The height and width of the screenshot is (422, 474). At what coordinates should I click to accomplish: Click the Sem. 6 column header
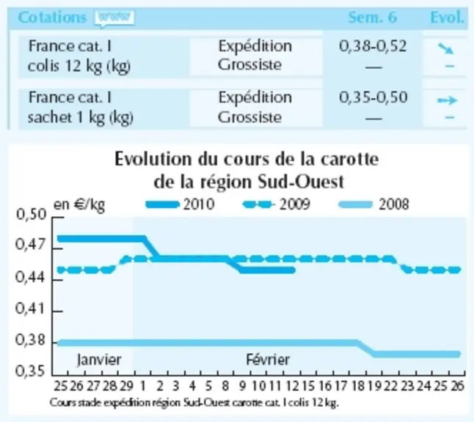click(x=373, y=18)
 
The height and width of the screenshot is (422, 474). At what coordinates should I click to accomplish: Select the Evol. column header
click(x=447, y=18)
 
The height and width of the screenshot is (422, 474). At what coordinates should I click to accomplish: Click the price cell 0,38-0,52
click(x=373, y=46)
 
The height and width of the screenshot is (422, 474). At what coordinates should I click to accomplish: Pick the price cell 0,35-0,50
click(x=373, y=97)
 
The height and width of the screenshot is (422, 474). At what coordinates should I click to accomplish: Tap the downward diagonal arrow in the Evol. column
click(x=446, y=48)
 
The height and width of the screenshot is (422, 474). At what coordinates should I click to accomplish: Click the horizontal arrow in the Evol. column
click(x=447, y=100)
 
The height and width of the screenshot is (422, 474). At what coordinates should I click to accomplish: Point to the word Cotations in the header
click(x=52, y=17)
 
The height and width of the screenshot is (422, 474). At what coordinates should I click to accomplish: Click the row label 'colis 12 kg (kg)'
click(x=79, y=66)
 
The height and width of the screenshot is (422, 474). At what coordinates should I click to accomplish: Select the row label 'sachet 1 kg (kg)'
click(x=81, y=117)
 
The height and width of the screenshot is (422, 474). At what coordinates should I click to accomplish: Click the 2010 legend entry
click(x=181, y=204)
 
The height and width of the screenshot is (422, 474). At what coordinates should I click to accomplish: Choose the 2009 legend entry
click(x=277, y=204)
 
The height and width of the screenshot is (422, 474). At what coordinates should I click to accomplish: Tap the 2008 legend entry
click(x=374, y=204)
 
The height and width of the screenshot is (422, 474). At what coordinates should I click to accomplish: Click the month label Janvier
click(x=99, y=360)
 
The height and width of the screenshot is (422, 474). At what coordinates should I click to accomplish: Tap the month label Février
click(x=268, y=360)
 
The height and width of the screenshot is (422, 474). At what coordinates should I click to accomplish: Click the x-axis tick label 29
click(x=126, y=386)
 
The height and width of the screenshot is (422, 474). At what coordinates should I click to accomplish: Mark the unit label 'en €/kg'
click(x=79, y=205)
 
